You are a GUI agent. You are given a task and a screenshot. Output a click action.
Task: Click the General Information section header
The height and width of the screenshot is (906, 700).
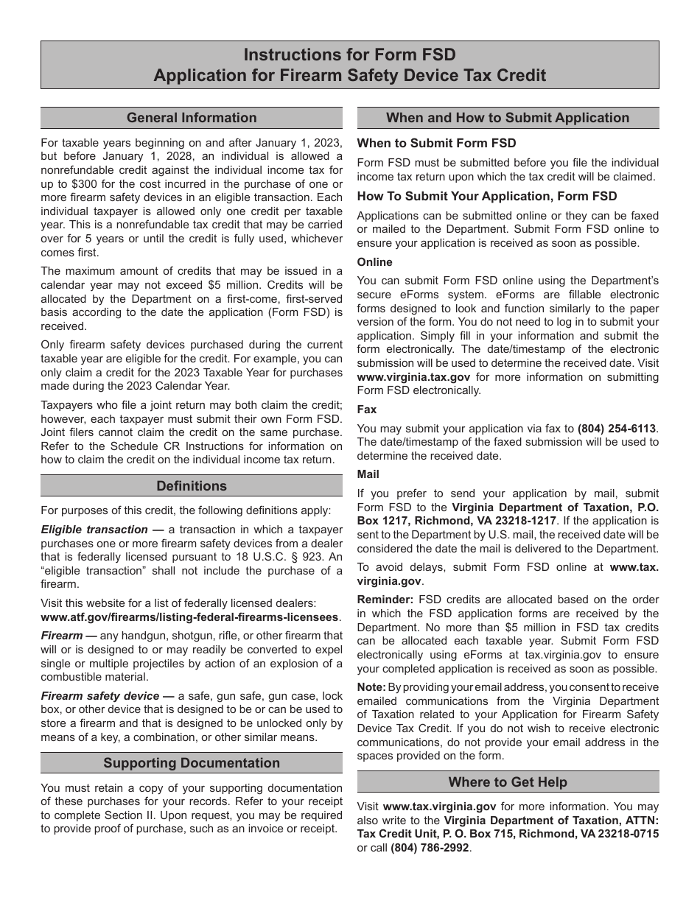point(192,118)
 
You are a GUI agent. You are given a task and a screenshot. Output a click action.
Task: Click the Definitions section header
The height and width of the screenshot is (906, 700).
point(192,486)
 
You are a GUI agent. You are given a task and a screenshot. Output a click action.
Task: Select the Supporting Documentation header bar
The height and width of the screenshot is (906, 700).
point(192,763)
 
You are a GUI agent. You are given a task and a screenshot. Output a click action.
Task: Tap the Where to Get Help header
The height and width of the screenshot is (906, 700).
point(508,782)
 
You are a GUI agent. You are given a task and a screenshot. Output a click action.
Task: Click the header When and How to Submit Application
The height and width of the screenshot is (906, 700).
point(508,118)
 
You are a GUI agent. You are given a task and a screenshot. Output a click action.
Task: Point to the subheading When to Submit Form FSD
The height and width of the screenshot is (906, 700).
point(436,143)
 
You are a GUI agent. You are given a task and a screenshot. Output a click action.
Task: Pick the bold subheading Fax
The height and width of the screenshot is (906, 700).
point(367,409)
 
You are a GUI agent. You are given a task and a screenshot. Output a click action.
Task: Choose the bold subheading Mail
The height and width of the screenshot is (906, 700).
point(368,475)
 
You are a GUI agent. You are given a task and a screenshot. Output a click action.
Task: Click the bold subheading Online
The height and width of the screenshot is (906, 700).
point(375,262)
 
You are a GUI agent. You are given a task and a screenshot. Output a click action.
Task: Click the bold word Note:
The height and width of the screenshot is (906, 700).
point(371,687)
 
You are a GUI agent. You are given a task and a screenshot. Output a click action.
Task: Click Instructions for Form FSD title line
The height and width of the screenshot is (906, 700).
point(349,55)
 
